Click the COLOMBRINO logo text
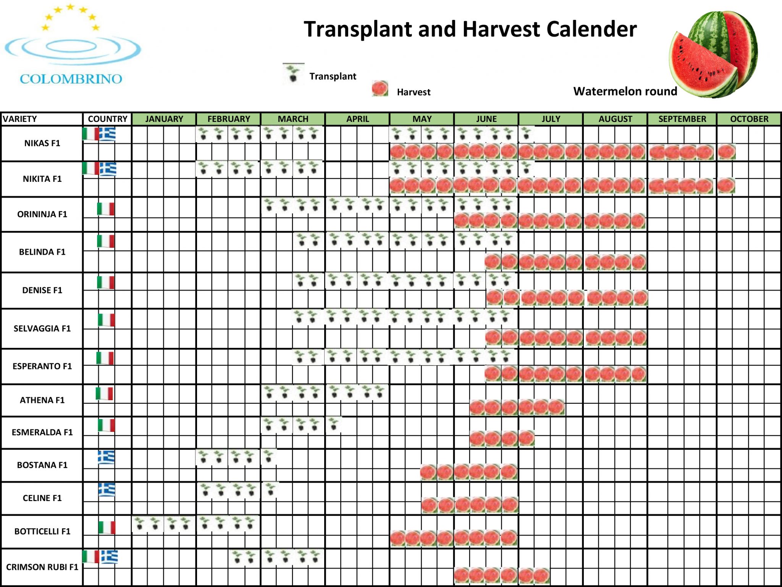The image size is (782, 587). pos(71,79)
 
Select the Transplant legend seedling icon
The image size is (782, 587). pos(293,73)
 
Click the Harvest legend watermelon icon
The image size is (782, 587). pos(380,89)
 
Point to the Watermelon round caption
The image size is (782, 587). pos(625,91)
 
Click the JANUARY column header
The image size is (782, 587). pos(164,119)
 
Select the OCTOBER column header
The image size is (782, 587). pos(749,119)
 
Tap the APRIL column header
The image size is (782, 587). pos(357,119)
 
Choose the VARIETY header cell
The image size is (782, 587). pos(20,119)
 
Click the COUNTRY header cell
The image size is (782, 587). pos(107,119)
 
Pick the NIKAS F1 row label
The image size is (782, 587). pos(42,143)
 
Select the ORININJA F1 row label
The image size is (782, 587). pos(42,214)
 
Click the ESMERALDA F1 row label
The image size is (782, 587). pos(42,432)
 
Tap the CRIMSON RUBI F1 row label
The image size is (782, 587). pos(42,567)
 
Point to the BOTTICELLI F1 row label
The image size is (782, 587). pos(42,531)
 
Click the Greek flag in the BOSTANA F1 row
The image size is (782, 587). pos(106,457)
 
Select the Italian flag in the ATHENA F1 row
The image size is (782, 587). pos(104,394)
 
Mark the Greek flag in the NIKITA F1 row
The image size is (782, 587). pos(108,168)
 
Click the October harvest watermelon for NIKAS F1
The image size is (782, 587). pos(726,152)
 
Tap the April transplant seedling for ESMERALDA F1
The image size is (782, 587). pos(334,424)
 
